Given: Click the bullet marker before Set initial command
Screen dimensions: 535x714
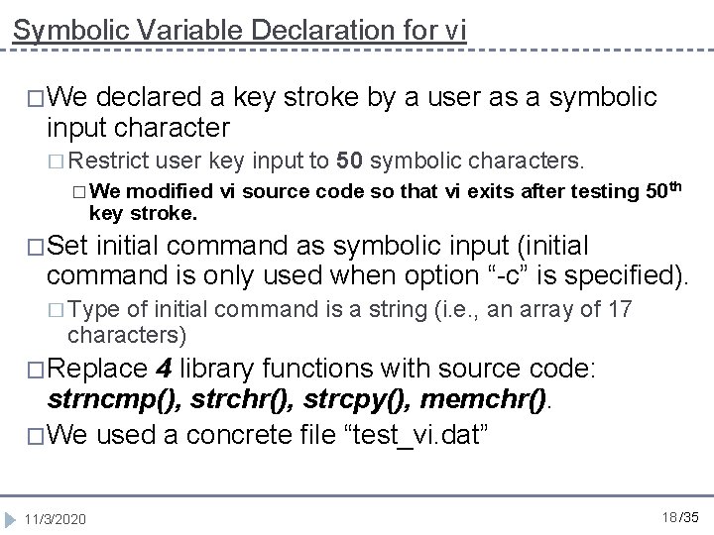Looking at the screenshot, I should pyautogui.click(x=34, y=244).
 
